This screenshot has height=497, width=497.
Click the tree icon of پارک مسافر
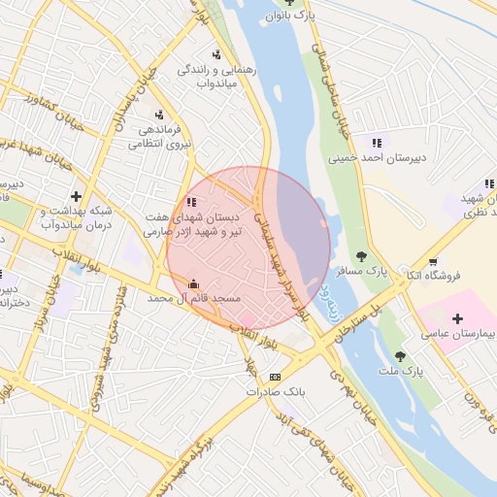[361, 256]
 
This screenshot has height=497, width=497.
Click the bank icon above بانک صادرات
[276, 377]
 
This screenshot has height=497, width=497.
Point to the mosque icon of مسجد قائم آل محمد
[192, 284]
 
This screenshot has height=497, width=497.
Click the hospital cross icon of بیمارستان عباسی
[457, 318]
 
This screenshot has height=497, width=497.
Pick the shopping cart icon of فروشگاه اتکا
[432, 261]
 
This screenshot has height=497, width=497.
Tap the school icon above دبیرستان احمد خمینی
[376, 143]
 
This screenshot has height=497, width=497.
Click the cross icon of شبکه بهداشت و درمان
[77, 196]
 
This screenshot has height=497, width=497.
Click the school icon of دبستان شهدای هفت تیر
[191, 202]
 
